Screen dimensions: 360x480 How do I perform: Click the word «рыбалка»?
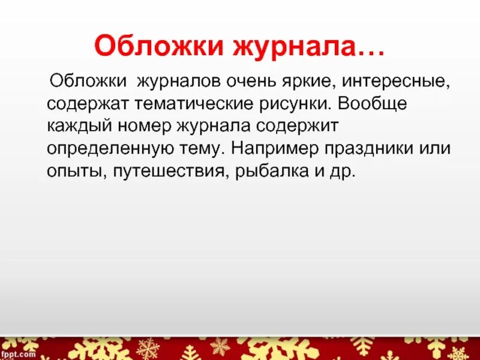[270, 171]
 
